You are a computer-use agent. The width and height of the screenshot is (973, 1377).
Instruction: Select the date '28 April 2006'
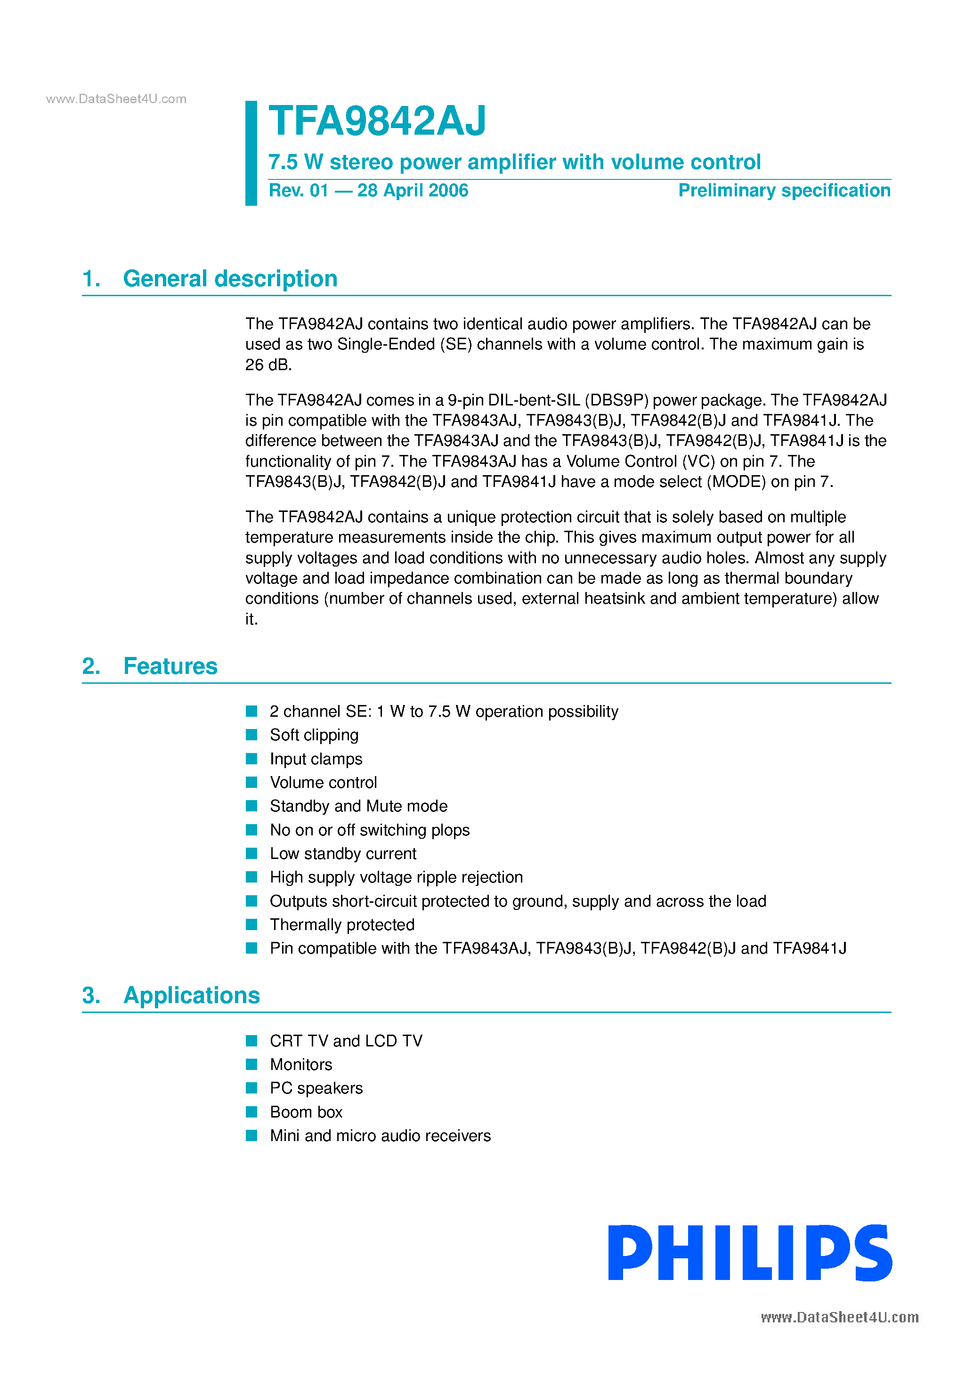pyautogui.click(x=413, y=191)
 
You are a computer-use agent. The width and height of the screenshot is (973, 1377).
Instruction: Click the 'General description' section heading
pyautogui.click(x=230, y=279)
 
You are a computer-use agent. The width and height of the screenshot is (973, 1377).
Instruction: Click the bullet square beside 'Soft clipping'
pyautogui.click(x=252, y=735)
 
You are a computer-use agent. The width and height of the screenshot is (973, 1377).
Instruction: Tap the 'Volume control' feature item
pyautogui.click(x=324, y=783)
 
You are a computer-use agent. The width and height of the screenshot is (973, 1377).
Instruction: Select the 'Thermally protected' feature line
pyautogui.click(x=342, y=925)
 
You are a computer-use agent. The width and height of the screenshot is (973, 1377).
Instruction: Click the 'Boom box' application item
pyautogui.click(x=306, y=1112)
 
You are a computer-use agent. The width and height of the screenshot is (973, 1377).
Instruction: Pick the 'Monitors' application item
pyautogui.click(x=301, y=1064)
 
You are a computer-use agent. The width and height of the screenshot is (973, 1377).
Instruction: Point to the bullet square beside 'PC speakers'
pyautogui.click(x=252, y=1088)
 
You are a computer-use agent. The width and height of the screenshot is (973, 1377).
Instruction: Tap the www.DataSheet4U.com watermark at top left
pyautogui.click(x=116, y=99)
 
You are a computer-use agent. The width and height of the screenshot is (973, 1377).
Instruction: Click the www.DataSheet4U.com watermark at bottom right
pyautogui.click(x=839, y=1318)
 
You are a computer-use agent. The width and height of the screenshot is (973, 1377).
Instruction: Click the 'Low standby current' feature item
pyautogui.click(x=343, y=853)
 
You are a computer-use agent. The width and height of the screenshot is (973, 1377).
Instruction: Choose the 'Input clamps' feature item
pyautogui.click(x=316, y=759)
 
